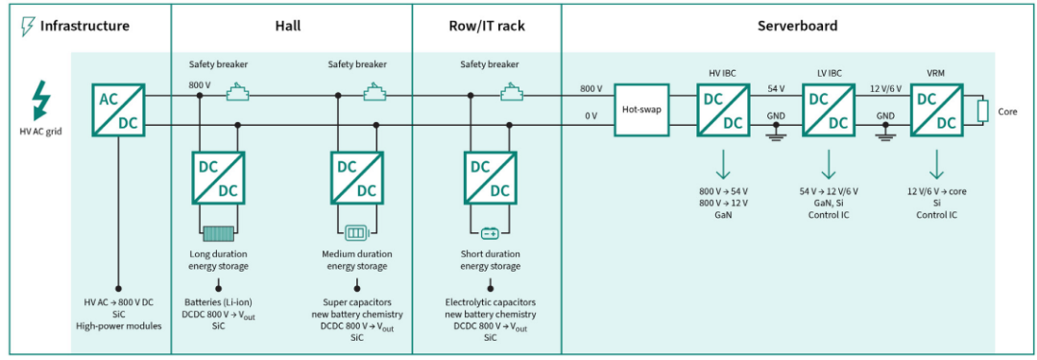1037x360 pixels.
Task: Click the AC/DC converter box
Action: click(x=118, y=109)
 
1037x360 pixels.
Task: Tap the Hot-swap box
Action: click(x=640, y=109)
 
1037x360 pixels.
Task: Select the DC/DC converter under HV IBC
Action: click(x=723, y=109)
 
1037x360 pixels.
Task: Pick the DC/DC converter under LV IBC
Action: click(x=828, y=109)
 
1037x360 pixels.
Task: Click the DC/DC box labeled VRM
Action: click(x=936, y=109)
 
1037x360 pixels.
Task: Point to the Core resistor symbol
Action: click(x=983, y=111)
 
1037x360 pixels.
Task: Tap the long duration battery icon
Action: click(x=218, y=234)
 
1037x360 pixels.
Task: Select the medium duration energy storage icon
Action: click(x=357, y=233)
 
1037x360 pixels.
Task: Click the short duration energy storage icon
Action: click(x=490, y=233)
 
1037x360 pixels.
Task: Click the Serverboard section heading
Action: click(x=797, y=26)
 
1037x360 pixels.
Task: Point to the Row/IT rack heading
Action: click(x=487, y=26)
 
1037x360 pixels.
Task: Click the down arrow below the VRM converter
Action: click(x=936, y=164)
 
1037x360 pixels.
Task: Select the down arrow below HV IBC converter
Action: click(x=723, y=164)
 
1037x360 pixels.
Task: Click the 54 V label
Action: click(x=776, y=88)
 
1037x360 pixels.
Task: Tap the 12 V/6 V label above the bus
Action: click(x=883, y=88)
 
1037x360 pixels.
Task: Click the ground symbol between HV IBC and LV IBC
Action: click(x=775, y=132)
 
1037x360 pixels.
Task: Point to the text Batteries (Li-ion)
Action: click(x=218, y=301)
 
